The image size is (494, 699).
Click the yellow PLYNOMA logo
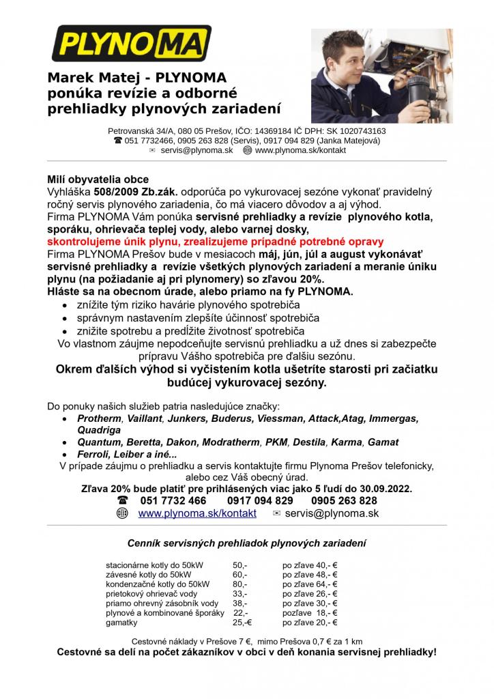click(132, 44)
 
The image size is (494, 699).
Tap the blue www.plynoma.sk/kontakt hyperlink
click(197, 513)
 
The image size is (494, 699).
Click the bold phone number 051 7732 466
click(173, 501)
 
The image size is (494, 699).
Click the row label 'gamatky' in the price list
click(121, 623)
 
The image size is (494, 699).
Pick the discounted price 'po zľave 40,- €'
click(310, 565)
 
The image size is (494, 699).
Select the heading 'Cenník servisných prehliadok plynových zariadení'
click(246, 543)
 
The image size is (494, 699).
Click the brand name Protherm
click(99, 418)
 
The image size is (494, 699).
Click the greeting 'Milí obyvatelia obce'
click(98, 180)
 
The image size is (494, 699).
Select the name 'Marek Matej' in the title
click(92, 79)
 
